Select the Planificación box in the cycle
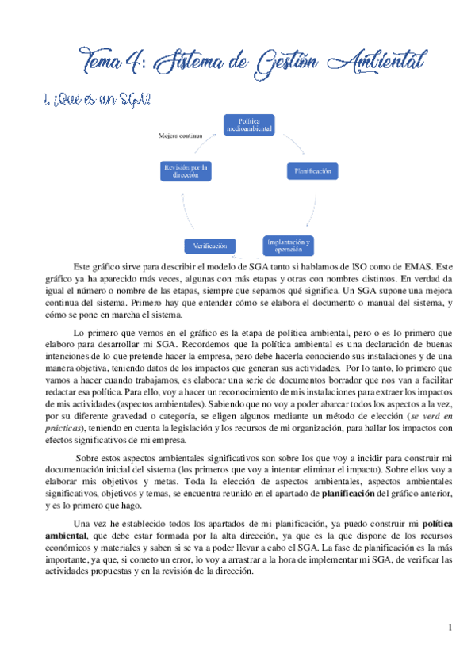[x=312, y=170]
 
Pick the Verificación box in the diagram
[x=211, y=245]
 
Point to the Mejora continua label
[x=180, y=136]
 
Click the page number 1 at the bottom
[x=450, y=628]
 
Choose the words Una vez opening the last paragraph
[x=87, y=525]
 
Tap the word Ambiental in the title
[x=381, y=60]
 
